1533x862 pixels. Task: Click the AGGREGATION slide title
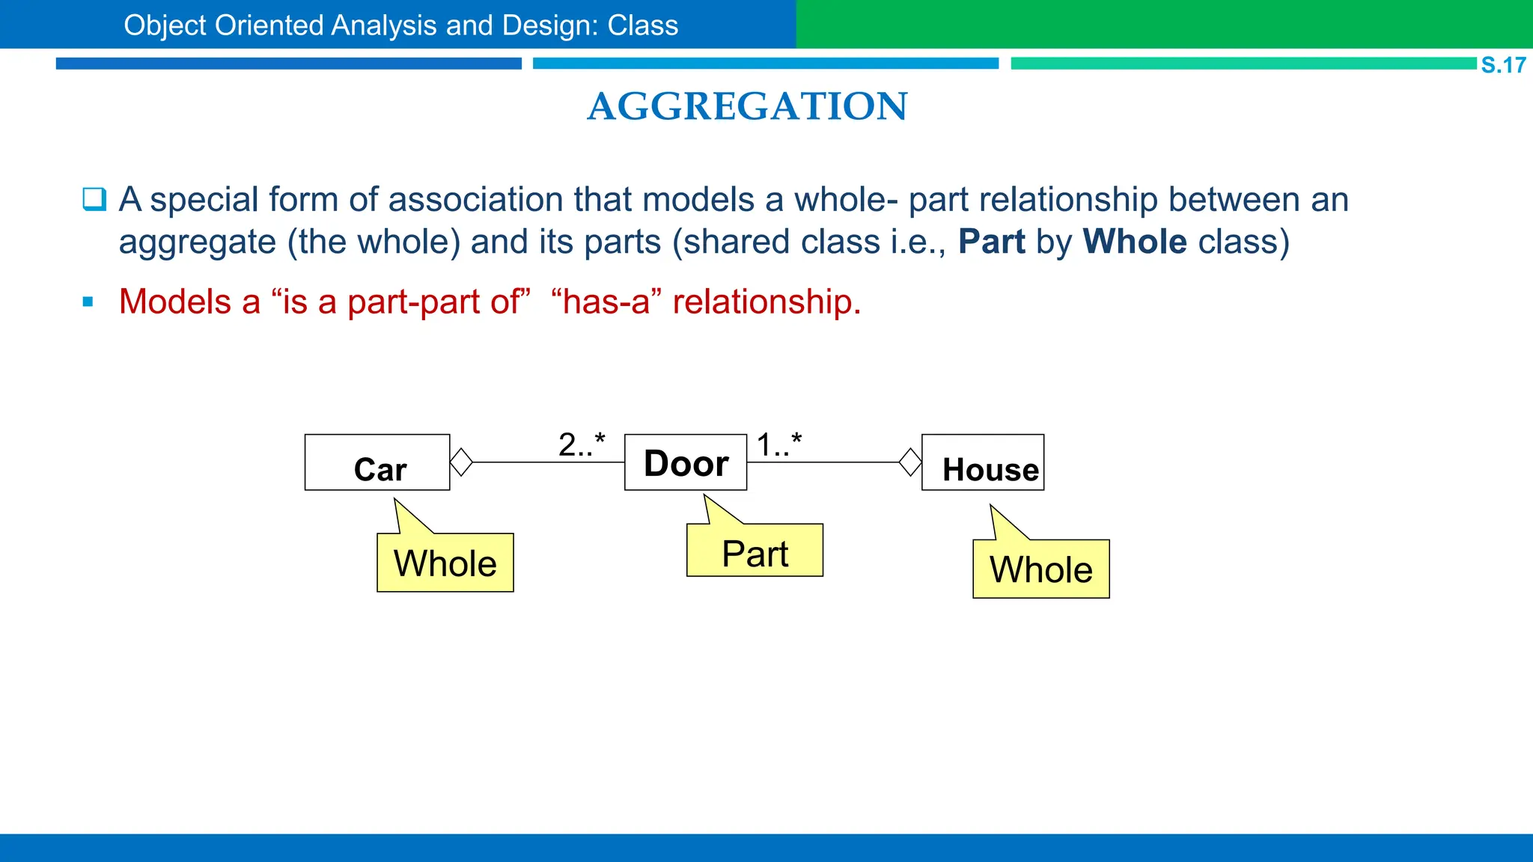(747, 106)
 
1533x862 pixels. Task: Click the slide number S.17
(1502, 65)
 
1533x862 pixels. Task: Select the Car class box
(377, 462)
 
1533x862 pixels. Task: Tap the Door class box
(686, 462)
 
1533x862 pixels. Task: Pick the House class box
(983, 462)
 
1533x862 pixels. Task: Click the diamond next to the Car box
(461, 462)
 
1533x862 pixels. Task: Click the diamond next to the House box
(910, 462)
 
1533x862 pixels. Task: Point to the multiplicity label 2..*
(582, 444)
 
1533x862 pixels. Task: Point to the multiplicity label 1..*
(778, 444)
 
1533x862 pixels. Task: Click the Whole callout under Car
(445, 563)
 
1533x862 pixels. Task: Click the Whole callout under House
(1040, 569)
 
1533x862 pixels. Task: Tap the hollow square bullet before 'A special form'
(94, 200)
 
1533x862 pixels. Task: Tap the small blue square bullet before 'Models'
(88, 302)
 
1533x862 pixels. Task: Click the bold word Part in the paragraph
(991, 242)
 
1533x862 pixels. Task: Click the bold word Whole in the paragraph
(1135, 242)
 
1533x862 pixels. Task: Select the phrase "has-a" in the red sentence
(606, 302)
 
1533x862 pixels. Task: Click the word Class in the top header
(642, 25)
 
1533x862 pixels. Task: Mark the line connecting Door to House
(823, 462)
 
